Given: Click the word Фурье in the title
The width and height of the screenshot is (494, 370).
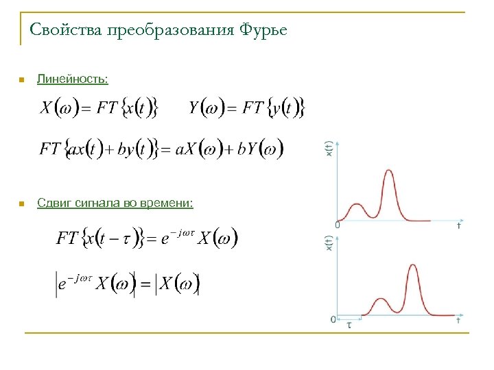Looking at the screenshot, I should tap(263, 30).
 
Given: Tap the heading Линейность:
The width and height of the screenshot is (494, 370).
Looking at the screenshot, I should tap(72, 79).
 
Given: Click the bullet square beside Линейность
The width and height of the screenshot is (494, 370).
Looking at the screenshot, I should tap(21, 81).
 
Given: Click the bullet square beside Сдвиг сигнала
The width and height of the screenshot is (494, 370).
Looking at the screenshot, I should tap(21, 204).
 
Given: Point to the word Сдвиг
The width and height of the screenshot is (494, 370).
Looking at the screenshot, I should tap(52, 203).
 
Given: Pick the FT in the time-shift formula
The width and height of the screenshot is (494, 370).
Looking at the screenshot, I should tap(67, 238).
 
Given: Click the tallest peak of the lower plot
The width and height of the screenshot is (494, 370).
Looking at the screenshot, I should tap(412, 266).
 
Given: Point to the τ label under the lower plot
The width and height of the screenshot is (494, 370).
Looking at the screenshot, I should tap(349, 325).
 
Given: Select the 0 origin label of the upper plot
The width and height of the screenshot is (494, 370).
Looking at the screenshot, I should tap(337, 225).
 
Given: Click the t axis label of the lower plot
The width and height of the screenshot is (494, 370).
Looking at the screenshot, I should tap(458, 320).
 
